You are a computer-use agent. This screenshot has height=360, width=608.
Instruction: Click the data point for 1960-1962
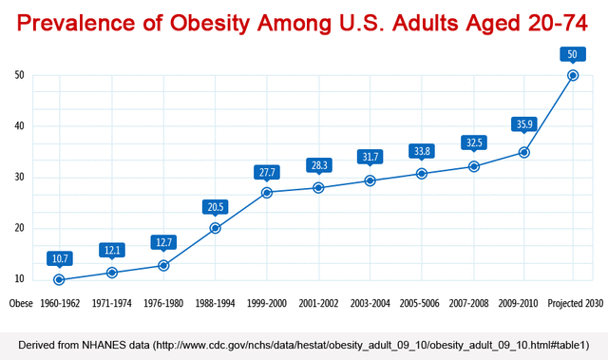point(59,280)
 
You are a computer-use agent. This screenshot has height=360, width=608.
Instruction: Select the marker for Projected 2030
point(573,75)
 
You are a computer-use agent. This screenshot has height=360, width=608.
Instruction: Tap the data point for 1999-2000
point(267,193)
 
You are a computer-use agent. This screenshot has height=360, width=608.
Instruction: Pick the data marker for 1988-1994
point(216,228)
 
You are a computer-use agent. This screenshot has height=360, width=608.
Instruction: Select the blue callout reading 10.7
point(59,257)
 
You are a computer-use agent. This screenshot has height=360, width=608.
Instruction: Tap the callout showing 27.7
point(267,172)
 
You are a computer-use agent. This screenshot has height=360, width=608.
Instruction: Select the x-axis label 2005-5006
point(420,304)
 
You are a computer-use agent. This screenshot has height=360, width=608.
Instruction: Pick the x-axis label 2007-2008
point(471,304)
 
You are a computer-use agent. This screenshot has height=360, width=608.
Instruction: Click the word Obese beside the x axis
point(21,304)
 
